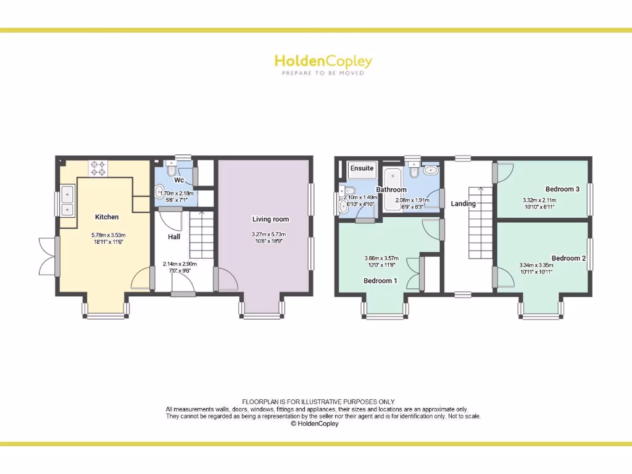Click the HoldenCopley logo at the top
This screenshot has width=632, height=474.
(x=323, y=64)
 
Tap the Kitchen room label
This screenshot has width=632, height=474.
(x=107, y=217)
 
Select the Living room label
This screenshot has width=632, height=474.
(x=270, y=219)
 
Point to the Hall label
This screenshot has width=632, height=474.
(x=173, y=236)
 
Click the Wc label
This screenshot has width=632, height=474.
(x=178, y=180)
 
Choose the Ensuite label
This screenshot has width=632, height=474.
(x=362, y=168)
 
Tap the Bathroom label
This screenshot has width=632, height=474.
(x=391, y=189)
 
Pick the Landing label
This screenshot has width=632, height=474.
(x=463, y=204)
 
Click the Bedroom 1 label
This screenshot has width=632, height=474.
(x=380, y=281)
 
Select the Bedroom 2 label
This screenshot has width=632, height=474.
(x=568, y=258)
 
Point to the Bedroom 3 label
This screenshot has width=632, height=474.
(x=562, y=189)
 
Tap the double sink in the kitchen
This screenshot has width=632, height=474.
(x=67, y=201)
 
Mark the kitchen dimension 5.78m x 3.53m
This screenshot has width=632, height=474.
(x=108, y=238)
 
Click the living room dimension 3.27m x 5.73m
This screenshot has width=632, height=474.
(x=270, y=238)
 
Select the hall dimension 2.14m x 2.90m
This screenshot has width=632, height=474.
(x=179, y=267)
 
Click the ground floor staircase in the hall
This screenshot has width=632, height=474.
(x=201, y=235)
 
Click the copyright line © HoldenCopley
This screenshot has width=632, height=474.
(x=315, y=424)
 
